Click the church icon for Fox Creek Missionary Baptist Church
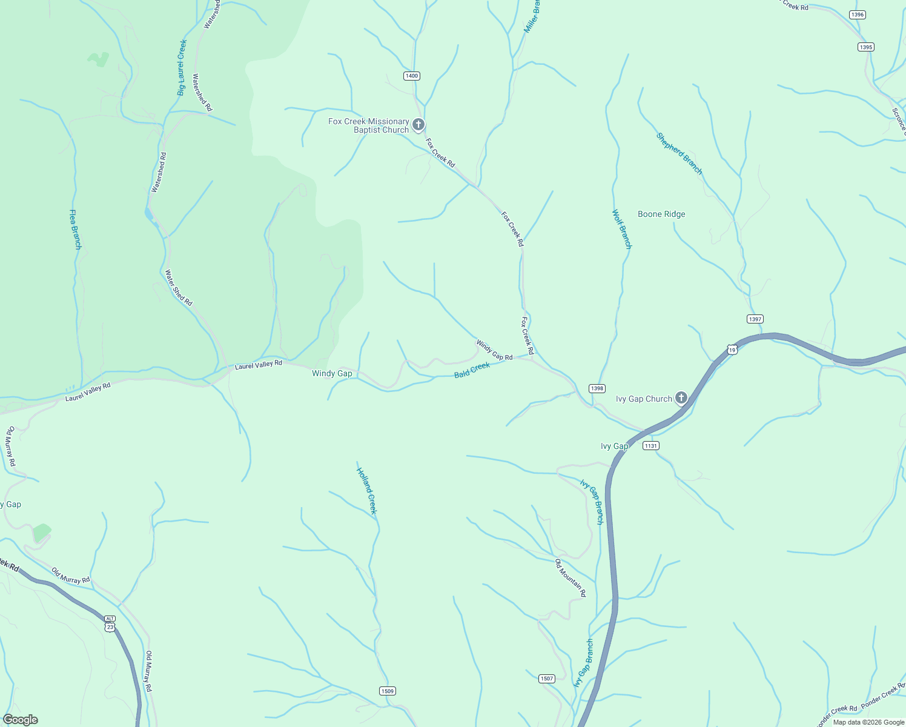(418, 125)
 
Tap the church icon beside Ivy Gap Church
(681, 398)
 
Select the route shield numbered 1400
(412, 76)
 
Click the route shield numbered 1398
(597, 388)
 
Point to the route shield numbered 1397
(755, 319)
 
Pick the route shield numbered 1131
(651, 445)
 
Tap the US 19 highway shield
(732, 350)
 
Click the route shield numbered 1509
(388, 691)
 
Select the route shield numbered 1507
(546, 679)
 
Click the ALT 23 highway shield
(110, 623)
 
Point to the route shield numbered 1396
(857, 15)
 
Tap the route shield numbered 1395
(866, 47)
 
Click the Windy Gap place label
(332, 373)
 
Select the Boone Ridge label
(661, 214)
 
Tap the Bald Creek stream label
(472, 370)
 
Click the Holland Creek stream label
(366, 491)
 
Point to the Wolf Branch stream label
(621, 229)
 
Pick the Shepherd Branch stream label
(679, 154)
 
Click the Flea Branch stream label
(75, 229)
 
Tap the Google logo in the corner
(21, 720)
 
